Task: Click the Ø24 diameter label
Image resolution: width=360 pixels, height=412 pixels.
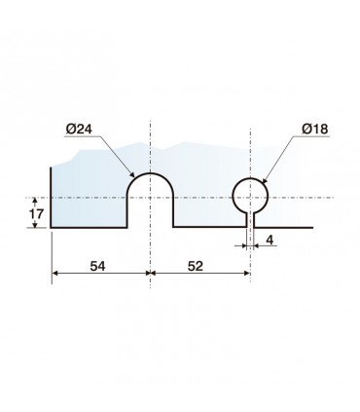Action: tap(79, 129)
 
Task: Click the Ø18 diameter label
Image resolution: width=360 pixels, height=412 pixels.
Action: tap(314, 129)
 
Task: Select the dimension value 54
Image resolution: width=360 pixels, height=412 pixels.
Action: tap(97, 266)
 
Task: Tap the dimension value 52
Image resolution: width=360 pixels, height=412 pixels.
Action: tap(196, 266)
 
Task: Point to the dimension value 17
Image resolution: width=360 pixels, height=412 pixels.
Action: tap(36, 214)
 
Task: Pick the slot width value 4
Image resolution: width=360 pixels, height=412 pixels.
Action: tap(270, 241)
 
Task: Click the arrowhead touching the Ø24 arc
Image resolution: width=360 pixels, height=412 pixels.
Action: tap(132, 174)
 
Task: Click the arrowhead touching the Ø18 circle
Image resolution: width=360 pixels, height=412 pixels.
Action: tap(264, 180)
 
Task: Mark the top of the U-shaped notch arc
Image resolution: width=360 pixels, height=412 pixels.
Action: tap(150, 173)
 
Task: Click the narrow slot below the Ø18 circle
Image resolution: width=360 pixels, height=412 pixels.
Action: tap(250, 220)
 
